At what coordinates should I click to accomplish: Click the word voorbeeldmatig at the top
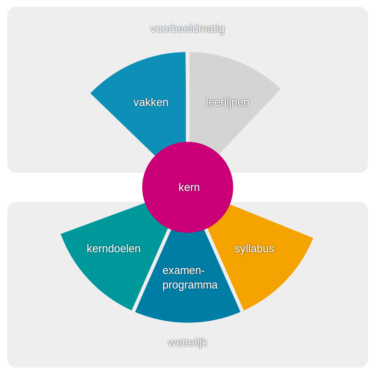pos(187,29)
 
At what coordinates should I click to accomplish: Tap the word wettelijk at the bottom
pos(187,343)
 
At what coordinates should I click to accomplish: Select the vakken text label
pos(151,102)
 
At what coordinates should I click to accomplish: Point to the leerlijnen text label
pos(227,102)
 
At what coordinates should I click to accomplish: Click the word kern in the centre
pos(189,187)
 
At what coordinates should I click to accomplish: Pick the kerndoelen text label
pos(114,249)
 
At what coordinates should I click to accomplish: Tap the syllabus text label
pos(254,249)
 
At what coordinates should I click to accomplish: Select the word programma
pos(190,285)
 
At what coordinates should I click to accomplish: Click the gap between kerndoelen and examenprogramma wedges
pos(150,270)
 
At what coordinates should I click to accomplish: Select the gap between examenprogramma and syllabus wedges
pos(225,270)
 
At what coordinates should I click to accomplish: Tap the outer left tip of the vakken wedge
pos(92,93)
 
